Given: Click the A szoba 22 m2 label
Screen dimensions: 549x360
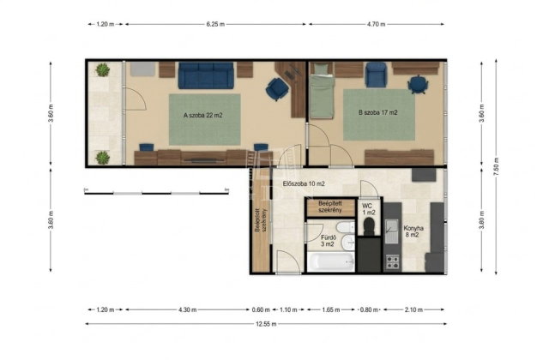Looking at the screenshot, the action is (203, 115).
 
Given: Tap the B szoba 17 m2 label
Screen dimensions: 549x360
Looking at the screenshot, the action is (377, 112).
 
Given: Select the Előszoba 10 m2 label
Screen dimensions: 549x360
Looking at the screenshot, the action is (304, 183).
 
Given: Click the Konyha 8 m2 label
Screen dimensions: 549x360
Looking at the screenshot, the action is (413, 231).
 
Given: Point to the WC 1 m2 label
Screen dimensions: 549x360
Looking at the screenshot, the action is (368, 209).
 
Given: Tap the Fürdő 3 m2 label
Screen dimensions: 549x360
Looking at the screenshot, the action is (328, 241).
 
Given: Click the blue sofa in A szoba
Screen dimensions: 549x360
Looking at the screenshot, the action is (206, 75).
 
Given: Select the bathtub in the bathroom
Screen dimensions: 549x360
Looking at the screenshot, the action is (331, 262).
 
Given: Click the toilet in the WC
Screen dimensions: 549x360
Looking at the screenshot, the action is (369, 226).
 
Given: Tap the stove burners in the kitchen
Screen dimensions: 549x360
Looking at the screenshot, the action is (392, 262).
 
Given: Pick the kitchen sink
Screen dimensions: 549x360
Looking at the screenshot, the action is (391, 231).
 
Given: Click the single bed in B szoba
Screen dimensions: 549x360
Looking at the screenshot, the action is (322, 91).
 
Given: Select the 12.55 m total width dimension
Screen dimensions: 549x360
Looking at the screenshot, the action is (266, 324).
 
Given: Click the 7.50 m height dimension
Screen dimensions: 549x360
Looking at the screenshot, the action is (496, 167).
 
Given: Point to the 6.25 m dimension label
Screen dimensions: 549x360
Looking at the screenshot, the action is (215, 24).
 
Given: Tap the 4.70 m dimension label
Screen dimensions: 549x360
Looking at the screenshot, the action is (376, 24).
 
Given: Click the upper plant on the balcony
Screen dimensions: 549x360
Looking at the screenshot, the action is (103, 70).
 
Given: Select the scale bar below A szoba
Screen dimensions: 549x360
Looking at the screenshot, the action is (156, 192).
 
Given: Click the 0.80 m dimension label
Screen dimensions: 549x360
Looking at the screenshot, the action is (369, 309).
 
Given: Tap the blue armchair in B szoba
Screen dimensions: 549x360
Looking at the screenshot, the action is (376, 75).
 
